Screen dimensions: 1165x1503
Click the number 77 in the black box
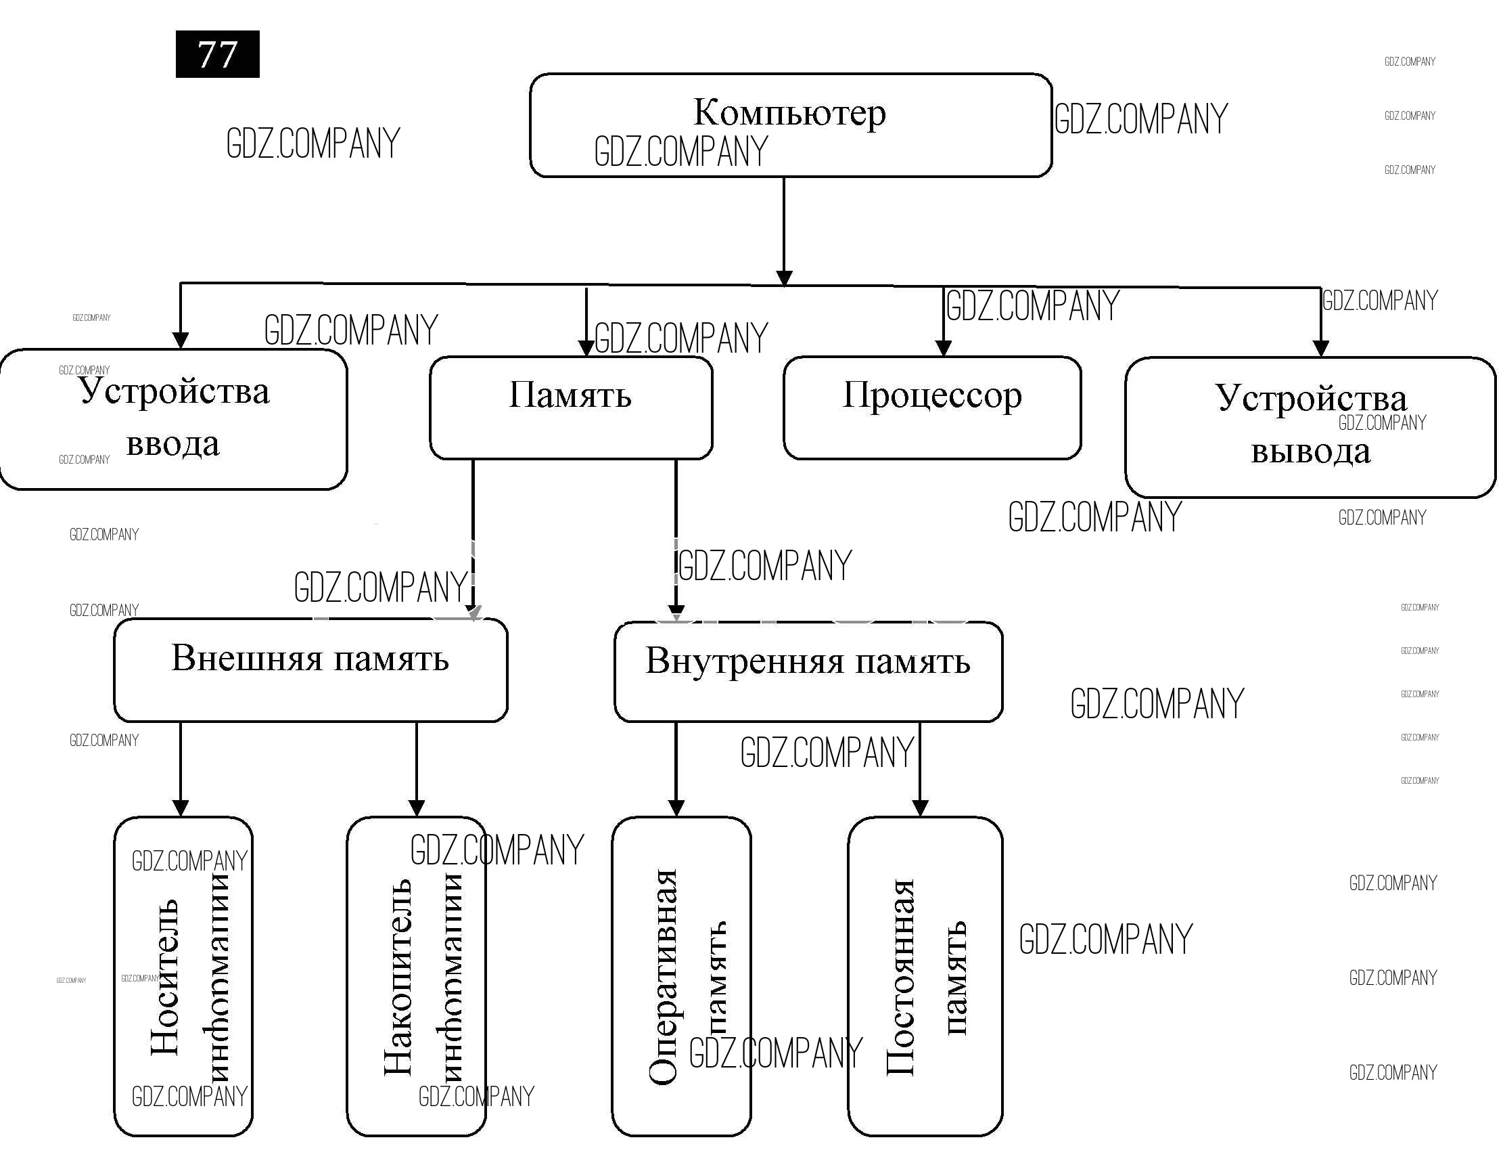pos(217,54)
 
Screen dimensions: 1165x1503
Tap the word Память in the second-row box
pos(570,395)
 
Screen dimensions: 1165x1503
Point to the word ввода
pos(172,444)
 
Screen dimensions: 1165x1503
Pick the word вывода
pos(1310,452)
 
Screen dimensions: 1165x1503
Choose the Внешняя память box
pos(310,669)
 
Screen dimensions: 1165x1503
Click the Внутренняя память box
pos(808,672)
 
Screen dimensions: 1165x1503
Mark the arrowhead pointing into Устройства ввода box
pos(181,340)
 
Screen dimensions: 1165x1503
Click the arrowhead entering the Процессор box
pos(944,347)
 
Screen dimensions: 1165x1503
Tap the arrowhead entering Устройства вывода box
pos(1320,348)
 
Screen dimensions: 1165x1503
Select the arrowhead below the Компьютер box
pos(784,277)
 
